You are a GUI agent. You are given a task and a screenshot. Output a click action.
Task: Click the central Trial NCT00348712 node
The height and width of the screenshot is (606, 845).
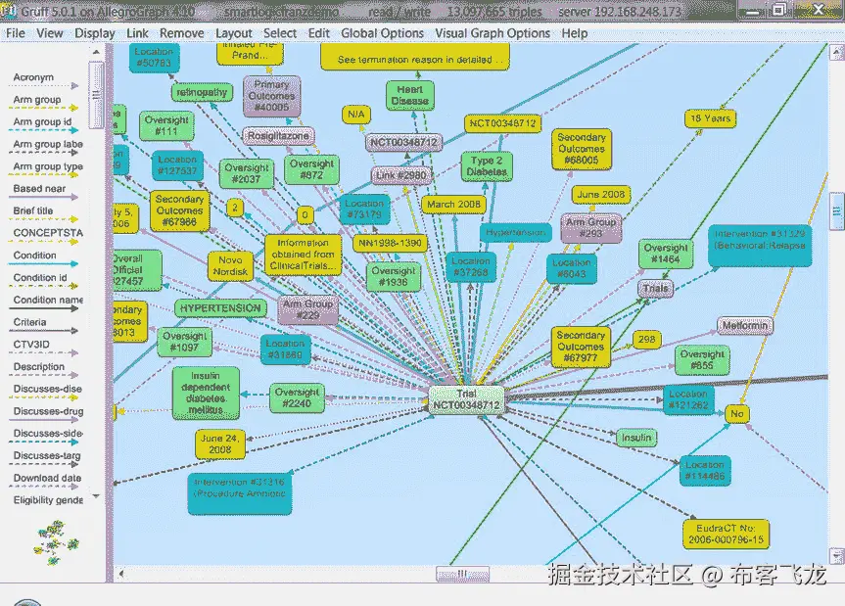[x=465, y=398]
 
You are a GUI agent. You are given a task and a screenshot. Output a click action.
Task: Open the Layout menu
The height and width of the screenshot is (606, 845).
[x=234, y=32]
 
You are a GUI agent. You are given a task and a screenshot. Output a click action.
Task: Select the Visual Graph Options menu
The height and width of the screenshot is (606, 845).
[x=494, y=32]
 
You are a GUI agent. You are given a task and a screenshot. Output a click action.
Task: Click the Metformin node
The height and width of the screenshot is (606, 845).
[x=745, y=326]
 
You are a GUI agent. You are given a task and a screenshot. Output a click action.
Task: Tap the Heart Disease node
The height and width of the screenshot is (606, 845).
[x=409, y=95]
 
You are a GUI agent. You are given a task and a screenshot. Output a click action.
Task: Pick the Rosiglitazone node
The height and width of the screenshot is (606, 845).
[x=278, y=136]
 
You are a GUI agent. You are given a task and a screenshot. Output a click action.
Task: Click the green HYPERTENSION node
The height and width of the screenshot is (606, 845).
[x=220, y=308]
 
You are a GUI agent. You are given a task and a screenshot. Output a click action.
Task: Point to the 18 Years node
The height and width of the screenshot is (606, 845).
[x=710, y=118]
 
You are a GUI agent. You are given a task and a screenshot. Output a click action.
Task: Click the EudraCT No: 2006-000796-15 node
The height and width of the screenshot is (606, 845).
[x=725, y=534]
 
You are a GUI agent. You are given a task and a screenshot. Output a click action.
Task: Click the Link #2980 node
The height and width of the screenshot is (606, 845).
[x=400, y=175]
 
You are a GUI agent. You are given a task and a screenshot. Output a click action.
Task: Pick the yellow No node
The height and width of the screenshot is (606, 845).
[x=737, y=414]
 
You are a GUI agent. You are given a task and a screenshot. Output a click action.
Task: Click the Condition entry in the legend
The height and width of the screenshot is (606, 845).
[x=35, y=256]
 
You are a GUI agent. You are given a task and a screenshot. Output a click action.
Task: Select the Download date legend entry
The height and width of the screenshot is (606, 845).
[x=47, y=479]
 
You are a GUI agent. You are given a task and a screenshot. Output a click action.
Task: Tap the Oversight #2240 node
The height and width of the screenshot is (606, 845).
[x=296, y=398]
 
